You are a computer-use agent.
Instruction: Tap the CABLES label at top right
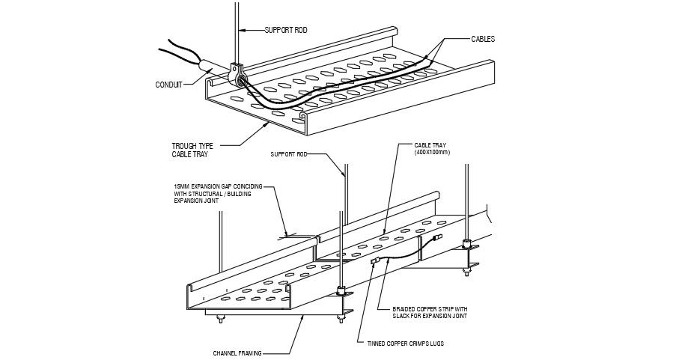482,38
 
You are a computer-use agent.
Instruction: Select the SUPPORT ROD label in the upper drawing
285,30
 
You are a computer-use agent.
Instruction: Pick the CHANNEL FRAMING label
237,353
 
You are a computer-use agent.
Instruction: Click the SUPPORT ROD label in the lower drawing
288,155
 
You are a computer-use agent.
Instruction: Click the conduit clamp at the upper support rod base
237,75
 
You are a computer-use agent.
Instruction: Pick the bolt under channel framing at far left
221,321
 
